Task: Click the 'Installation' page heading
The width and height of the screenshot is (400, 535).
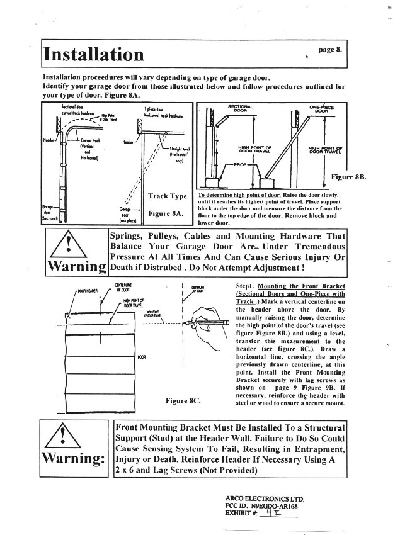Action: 93,55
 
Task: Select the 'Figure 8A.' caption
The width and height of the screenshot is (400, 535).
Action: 165,214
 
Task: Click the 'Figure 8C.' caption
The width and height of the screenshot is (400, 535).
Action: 183,400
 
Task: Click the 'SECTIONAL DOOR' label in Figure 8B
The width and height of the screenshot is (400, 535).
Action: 239,109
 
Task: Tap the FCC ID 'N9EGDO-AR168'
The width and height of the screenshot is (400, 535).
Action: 271,505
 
